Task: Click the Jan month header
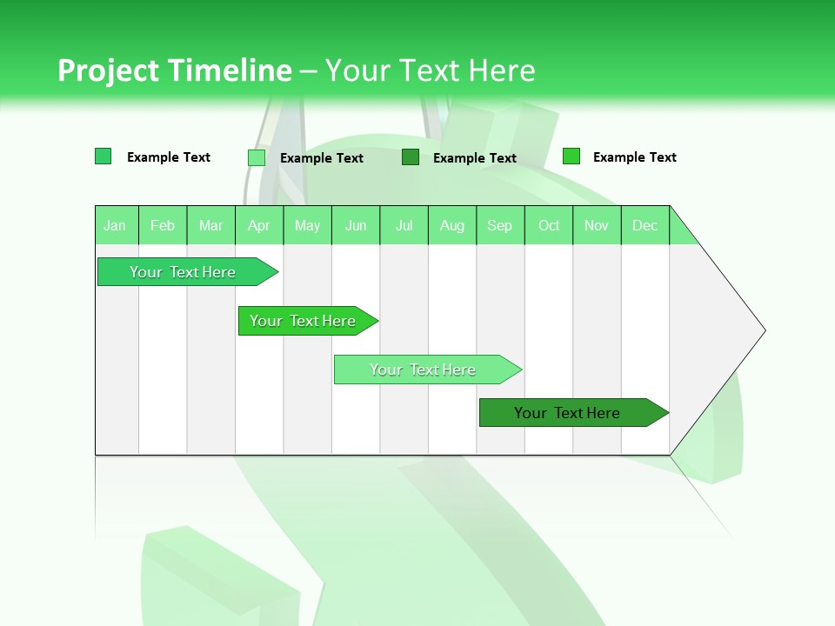click(x=116, y=225)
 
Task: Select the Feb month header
click(x=163, y=225)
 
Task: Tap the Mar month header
click(x=210, y=225)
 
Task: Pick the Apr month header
click(x=259, y=225)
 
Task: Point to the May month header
click(x=307, y=225)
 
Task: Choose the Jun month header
click(x=356, y=225)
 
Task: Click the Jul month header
click(x=404, y=225)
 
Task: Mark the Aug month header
click(x=452, y=225)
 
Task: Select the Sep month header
click(x=500, y=225)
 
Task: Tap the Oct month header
click(x=549, y=225)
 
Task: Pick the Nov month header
click(x=597, y=225)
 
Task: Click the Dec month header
click(x=645, y=225)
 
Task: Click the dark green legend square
click(x=411, y=157)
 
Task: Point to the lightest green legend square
click(x=257, y=157)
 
